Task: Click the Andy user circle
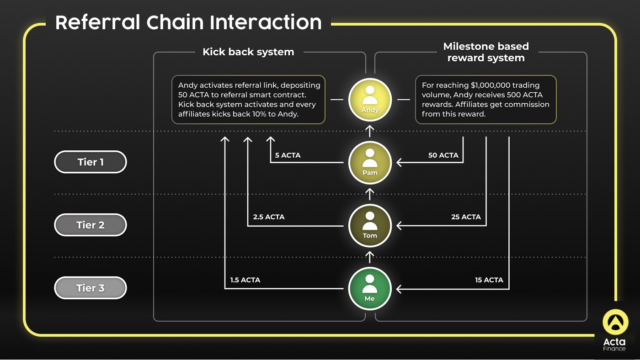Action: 370,100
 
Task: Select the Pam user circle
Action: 370,163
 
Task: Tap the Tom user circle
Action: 370,226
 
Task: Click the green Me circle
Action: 370,289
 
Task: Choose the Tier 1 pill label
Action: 91,162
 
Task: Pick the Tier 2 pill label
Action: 91,225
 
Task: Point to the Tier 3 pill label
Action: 91,288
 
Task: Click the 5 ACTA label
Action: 288,155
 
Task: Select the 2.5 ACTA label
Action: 269,217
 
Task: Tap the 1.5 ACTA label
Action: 245,280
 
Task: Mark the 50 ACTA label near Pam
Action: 443,155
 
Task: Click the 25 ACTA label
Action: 466,217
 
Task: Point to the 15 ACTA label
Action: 489,280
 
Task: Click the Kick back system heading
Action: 248,52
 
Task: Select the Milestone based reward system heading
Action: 486,52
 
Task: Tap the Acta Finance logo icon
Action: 615,322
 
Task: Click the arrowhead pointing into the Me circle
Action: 399,289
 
